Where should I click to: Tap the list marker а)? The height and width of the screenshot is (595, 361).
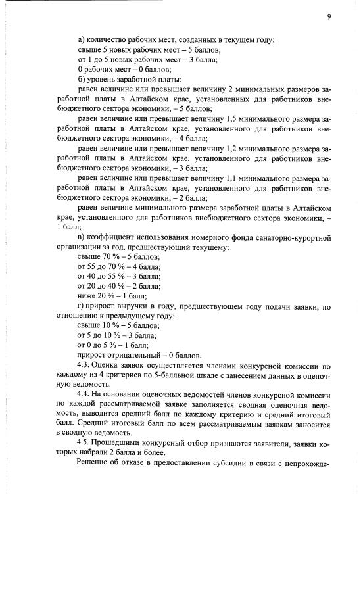point(81,41)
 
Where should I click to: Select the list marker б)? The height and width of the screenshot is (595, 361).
point(81,80)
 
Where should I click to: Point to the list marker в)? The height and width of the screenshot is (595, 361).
point(81,237)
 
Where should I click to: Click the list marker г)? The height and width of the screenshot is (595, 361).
point(80,306)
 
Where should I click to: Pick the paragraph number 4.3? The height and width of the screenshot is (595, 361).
point(84,365)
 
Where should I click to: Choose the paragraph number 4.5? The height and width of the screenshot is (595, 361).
point(84,442)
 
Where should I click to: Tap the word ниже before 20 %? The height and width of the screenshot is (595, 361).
point(87,297)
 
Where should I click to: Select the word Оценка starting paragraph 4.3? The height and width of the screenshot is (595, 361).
point(112,365)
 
